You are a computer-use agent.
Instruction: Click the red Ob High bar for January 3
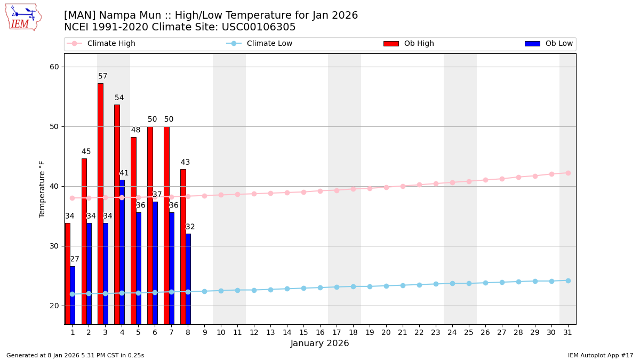pos(100,203)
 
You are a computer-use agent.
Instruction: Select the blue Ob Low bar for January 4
pos(122,251)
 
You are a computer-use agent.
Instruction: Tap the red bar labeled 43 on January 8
pos(183,245)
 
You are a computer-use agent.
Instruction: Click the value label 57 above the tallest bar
pos(103,76)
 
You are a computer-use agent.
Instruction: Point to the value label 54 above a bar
pos(119,98)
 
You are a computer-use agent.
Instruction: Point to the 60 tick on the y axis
pos(54,67)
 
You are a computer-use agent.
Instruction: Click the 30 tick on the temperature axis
pos(54,246)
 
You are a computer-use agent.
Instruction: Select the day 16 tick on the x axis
pos(320,332)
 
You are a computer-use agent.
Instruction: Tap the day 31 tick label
pos(568,332)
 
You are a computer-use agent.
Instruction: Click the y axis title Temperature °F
pos(42,189)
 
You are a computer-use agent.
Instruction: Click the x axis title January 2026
pos(320,344)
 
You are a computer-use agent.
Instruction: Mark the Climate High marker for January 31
pos(568,173)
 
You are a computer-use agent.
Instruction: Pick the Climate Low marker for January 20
pos(386,286)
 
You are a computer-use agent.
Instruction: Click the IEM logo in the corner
pos(23,17)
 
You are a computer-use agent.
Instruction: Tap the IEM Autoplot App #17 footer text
pos(600,355)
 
